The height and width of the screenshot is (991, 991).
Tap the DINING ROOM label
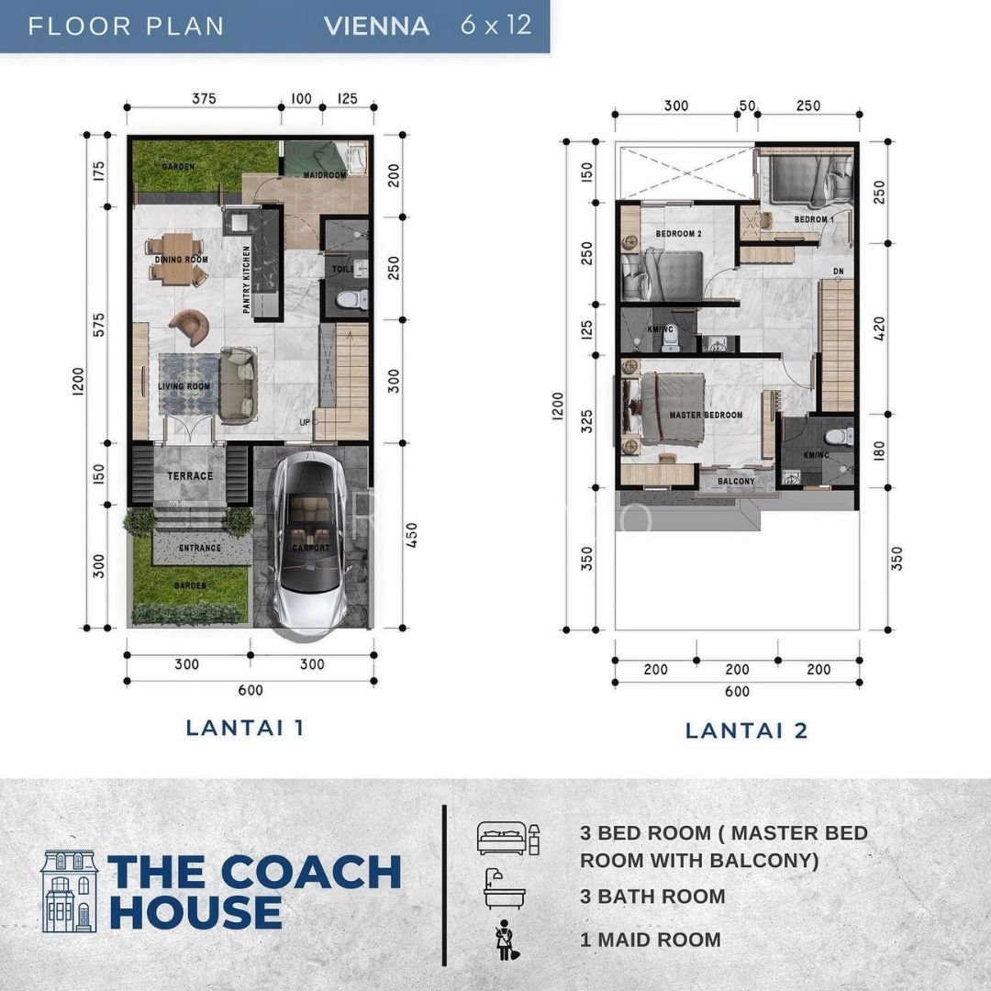pos(181,260)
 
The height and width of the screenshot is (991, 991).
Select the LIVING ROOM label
pos(184,387)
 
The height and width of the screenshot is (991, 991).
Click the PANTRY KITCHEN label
pos(247,281)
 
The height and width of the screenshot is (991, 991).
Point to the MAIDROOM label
pos(325,174)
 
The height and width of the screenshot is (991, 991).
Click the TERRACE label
pos(190,476)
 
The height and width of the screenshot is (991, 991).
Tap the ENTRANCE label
pos(200,549)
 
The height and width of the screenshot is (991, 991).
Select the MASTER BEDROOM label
pos(706,416)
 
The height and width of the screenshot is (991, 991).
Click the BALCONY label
pos(736,481)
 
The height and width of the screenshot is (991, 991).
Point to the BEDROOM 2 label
pos(678,234)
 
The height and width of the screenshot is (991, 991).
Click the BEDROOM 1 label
pos(814,220)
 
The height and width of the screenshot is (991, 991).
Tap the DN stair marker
pos(838,272)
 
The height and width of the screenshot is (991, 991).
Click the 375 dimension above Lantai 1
pos(204,98)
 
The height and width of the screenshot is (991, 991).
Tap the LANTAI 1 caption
pos(245,728)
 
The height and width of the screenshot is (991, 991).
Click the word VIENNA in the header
pos(376,26)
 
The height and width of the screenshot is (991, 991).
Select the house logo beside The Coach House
pos(69,891)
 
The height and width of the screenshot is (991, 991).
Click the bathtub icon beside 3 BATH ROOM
pos(502,888)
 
